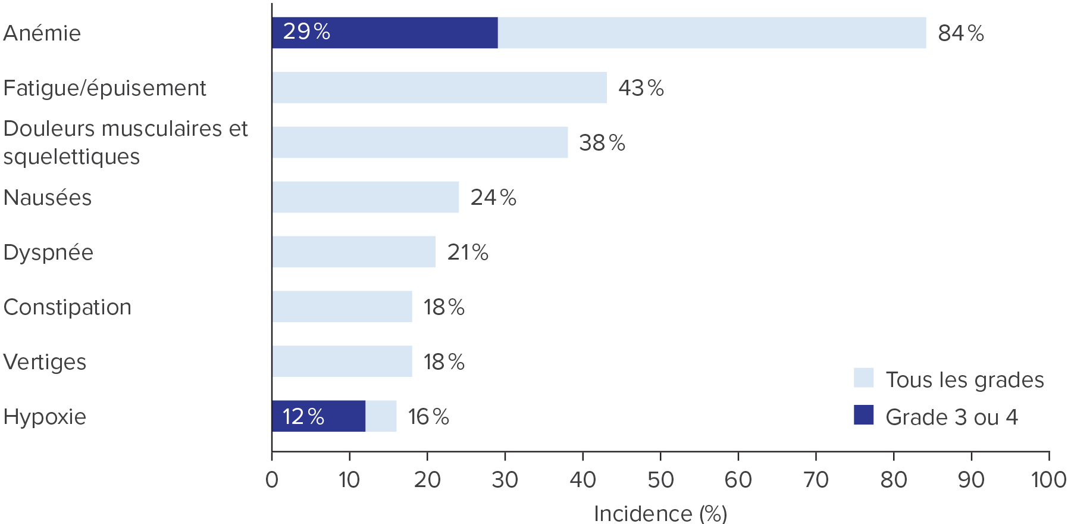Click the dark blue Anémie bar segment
click(x=385, y=33)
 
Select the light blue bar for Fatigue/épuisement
click(x=440, y=88)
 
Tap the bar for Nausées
click(x=365, y=197)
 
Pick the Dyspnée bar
click(x=354, y=252)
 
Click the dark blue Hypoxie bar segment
click(x=319, y=416)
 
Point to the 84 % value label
click(x=961, y=33)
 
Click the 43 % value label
click(x=641, y=88)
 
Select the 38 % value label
click(x=602, y=143)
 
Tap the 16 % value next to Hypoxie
click(x=428, y=417)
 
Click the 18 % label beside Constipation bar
click(x=444, y=307)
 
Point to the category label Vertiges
click(x=45, y=362)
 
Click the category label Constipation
click(x=67, y=307)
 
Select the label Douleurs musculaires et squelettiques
click(x=126, y=142)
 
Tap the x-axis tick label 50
click(x=660, y=480)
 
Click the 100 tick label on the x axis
click(x=1048, y=480)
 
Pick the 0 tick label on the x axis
click(x=272, y=480)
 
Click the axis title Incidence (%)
click(x=660, y=513)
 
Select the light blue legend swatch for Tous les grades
click(x=863, y=378)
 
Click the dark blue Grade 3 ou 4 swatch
click(x=863, y=415)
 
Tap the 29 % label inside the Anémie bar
click(x=306, y=32)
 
